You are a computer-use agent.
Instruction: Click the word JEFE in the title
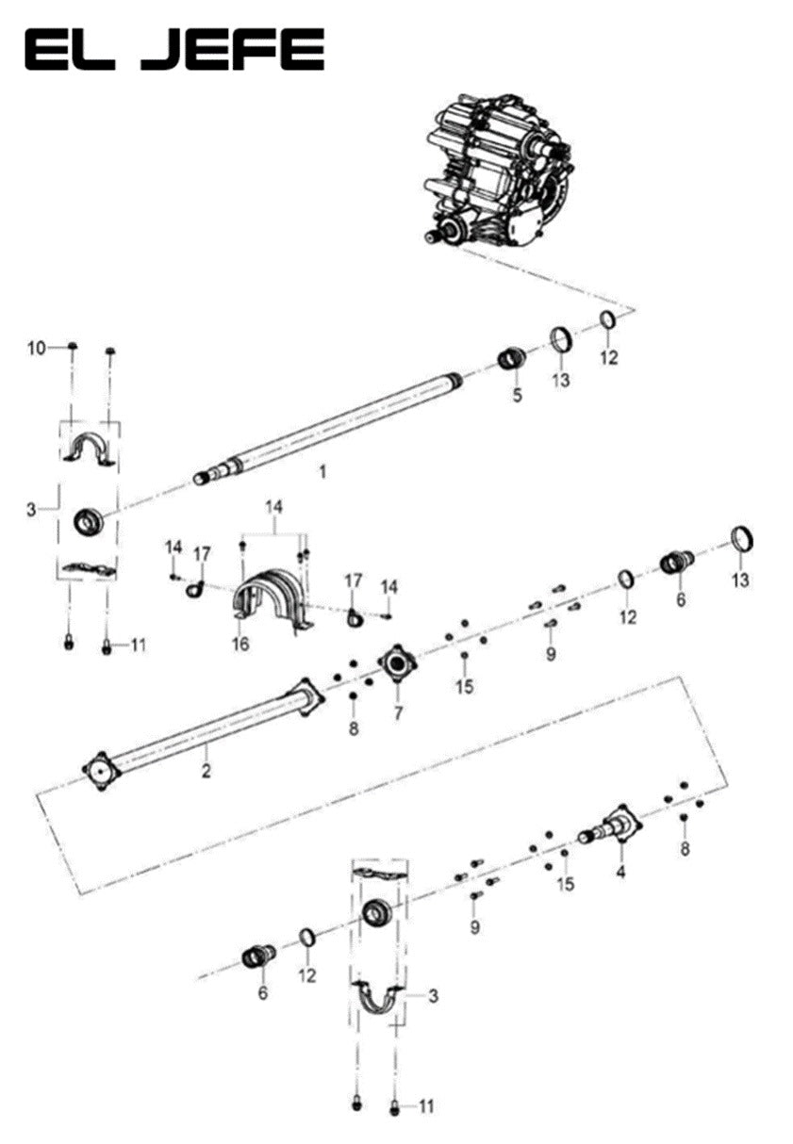click(x=235, y=50)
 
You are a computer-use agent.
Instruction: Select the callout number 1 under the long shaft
click(x=322, y=472)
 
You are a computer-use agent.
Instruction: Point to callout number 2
click(x=206, y=772)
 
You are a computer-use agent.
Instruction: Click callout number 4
click(x=620, y=873)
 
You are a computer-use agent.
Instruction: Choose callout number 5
click(x=517, y=396)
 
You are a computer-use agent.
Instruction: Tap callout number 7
click(x=398, y=713)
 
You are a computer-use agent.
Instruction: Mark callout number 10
click(x=36, y=349)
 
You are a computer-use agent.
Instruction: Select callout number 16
click(x=241, y=644)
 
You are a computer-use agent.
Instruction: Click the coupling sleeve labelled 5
click(x=511, y=360)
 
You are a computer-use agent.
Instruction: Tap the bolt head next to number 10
click(x=73, y=348)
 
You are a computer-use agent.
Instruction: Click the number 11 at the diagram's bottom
click(x=425, y=1105)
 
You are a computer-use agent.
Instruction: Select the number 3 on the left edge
click(x=32, y=510)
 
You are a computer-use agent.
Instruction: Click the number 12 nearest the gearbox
click(x=609, y=358)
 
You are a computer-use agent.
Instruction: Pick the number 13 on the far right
click(x=741, y=580)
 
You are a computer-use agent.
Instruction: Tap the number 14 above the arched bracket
click(x=273, y=507)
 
